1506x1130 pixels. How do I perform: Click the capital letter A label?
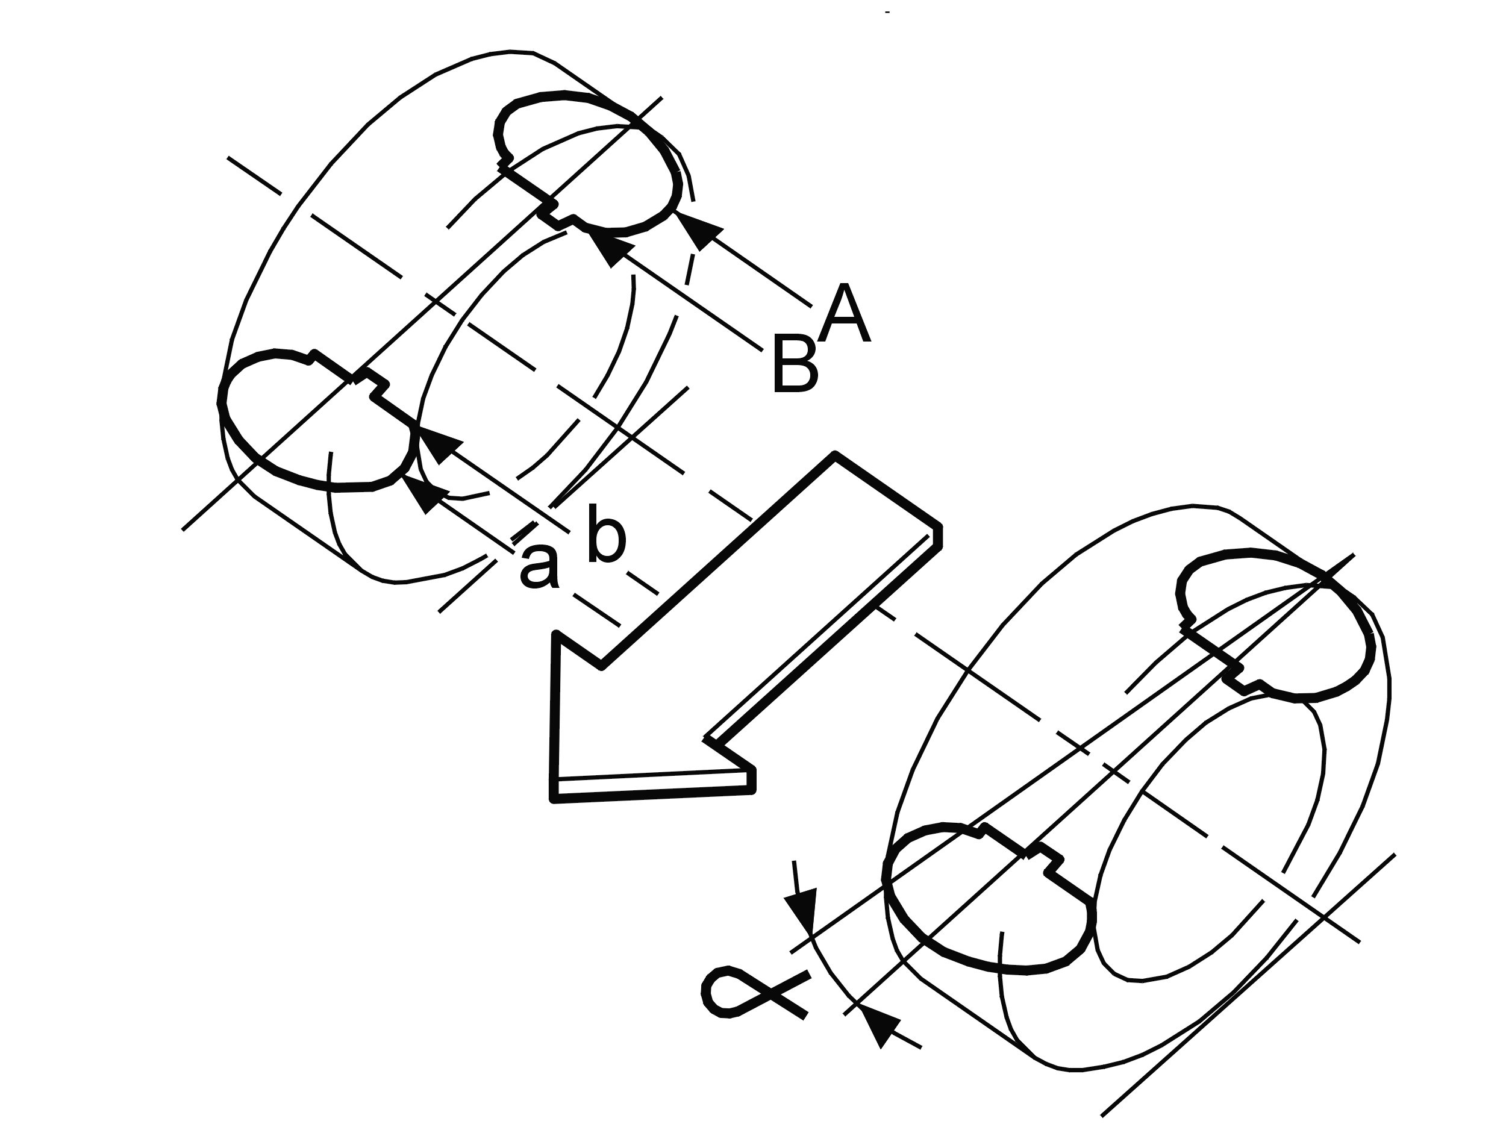844,314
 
